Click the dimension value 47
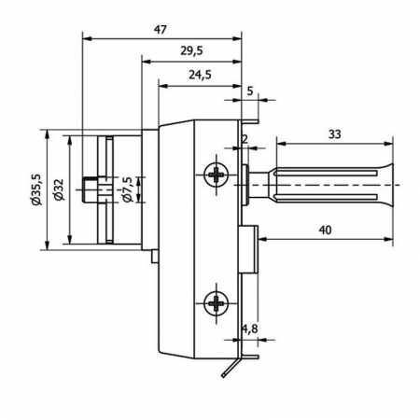click(161, 30)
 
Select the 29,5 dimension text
click(191, 50)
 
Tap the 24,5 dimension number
click(200, 75)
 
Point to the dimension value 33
click(335, 134)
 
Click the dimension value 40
click(326, 231)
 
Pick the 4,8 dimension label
click(250, 329)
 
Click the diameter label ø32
click(58, 189)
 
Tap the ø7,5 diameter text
click(127, 189)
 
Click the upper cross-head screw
click(216, 175)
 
